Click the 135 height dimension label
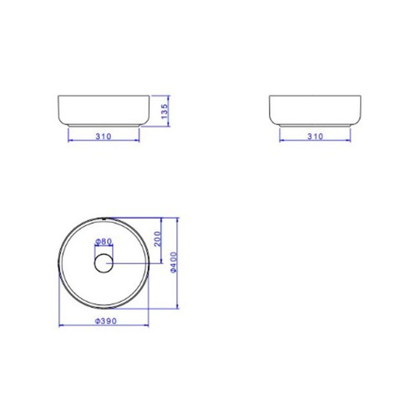click(164, 111)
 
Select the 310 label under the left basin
click(103, 136)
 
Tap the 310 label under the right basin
click(316, 136)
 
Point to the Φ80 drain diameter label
click(103, 241)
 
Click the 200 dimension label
click(158, 239)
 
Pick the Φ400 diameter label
click(174, 262)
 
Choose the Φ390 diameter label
click(106, 321)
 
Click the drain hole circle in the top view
click(103, 264)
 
